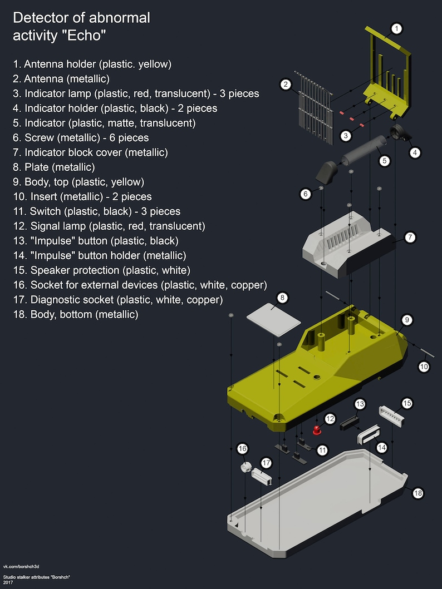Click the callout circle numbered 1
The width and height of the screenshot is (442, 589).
(396, 28)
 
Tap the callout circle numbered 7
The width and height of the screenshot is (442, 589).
(410, 237)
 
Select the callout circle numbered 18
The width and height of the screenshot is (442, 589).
(418, 493)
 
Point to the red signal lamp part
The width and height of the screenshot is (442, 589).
(317, 430)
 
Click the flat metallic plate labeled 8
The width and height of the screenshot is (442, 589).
(274, 320)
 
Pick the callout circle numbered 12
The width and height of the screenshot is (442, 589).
(330, 418)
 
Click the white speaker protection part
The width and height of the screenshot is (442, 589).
(391, 417)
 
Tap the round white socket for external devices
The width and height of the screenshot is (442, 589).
(245, 467)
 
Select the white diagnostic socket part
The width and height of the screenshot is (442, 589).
(262, 476)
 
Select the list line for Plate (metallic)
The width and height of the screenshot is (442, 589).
(54, 167)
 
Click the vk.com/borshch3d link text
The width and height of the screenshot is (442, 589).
(21, 566)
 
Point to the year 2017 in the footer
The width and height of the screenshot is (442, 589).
(8, 583)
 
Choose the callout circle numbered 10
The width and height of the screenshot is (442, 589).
(424, 367)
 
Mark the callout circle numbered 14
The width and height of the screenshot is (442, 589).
(381, 447)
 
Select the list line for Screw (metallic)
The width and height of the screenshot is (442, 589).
(81, 138)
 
